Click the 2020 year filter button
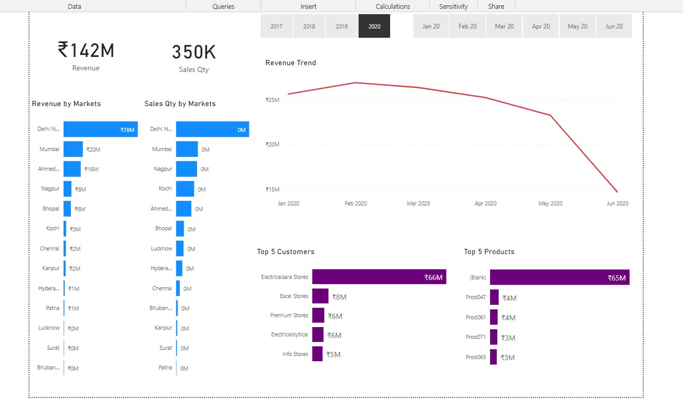(x=374, y=26)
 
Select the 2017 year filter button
(x=276, y=26)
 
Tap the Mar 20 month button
(x=504, y=26)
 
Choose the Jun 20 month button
(x=614, y=26)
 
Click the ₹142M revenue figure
(x=86, y=51)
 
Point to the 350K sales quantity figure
(x=194, y=52)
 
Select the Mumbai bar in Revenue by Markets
(x=73, y=149)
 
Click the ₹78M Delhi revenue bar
(x=100, y=129)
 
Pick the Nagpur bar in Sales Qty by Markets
(x=186, y=169)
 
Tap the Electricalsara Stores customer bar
(x=379, y=277)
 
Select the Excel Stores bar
(x=320, y=296)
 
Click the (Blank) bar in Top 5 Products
(x=559, y=277)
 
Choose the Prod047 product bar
(x=494, y=297)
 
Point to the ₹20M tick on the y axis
(x=272, y=144)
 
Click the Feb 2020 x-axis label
(x=355, y=203)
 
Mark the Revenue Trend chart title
(x=290, y=63)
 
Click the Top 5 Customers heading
(x=286, y=252)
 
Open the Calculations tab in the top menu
(x=393, y=6)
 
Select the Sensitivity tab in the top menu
(x=453, y=6)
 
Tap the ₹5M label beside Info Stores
(x=333, y=354)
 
